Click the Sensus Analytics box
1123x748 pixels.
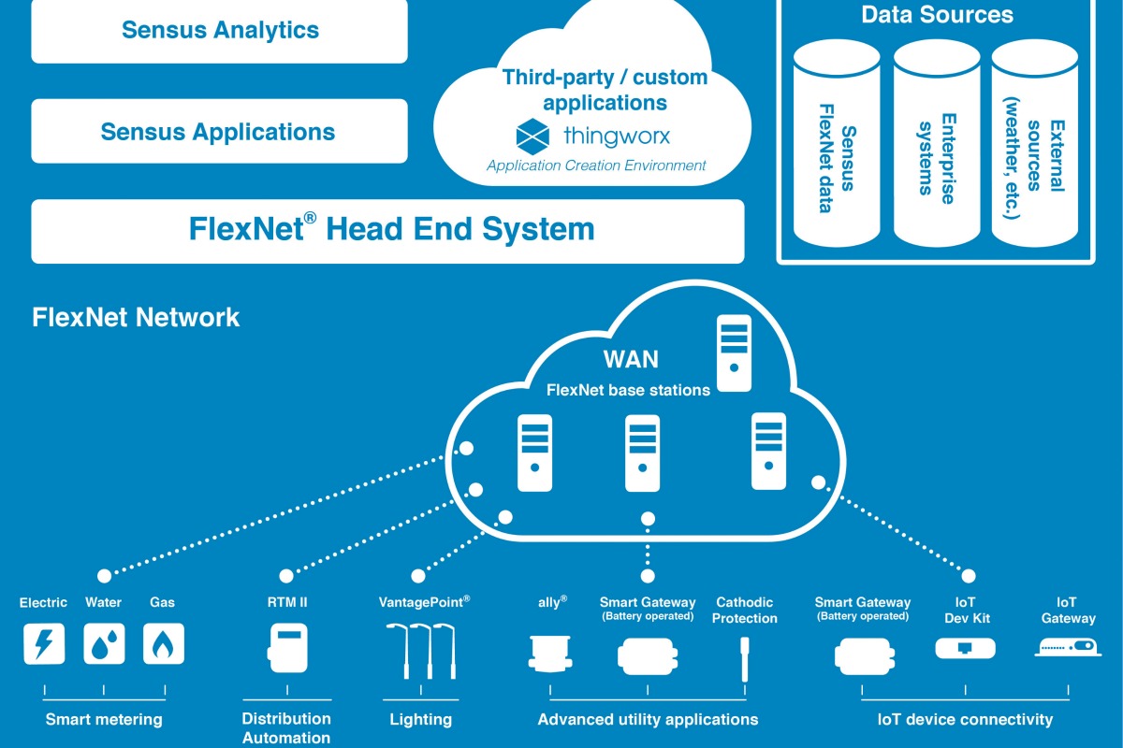[220, 30]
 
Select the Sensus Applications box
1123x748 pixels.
[220, 131]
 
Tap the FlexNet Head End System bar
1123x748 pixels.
[388, 230]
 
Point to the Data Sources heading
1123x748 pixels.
[937, 15]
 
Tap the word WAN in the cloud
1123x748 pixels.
[630, 360]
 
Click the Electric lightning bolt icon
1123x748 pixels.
[44, 643]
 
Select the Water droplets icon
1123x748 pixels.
[104, 643]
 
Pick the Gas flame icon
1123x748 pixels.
[164, 643]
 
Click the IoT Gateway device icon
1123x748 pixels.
[1068, 646]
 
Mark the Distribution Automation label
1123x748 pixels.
[286, 728]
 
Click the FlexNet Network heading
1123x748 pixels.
[136, 317]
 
